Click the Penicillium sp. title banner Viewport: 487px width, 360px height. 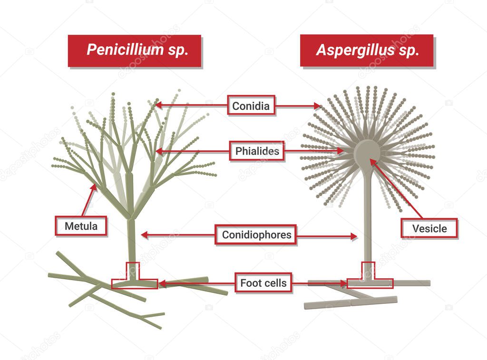pyautogui.click(x=135, y=50)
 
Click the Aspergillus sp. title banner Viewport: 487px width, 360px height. pyautogui.click(x=367, y=50)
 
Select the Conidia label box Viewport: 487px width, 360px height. pyautogui.click(x=251, y=106)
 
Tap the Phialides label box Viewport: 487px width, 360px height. pyautogui.click(x=257, y=152)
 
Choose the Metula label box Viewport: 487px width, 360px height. pyautogui.click(x=81, y=226)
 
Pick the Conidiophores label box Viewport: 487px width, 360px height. pyautogui.click(x=256, y=235)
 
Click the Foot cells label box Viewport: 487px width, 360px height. pyautogui.click(x=263, y=283)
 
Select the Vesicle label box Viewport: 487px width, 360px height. pyautogui.click(x=429, y=228)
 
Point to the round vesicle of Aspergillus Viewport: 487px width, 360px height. pyautogui.click(x=367, y=151)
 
